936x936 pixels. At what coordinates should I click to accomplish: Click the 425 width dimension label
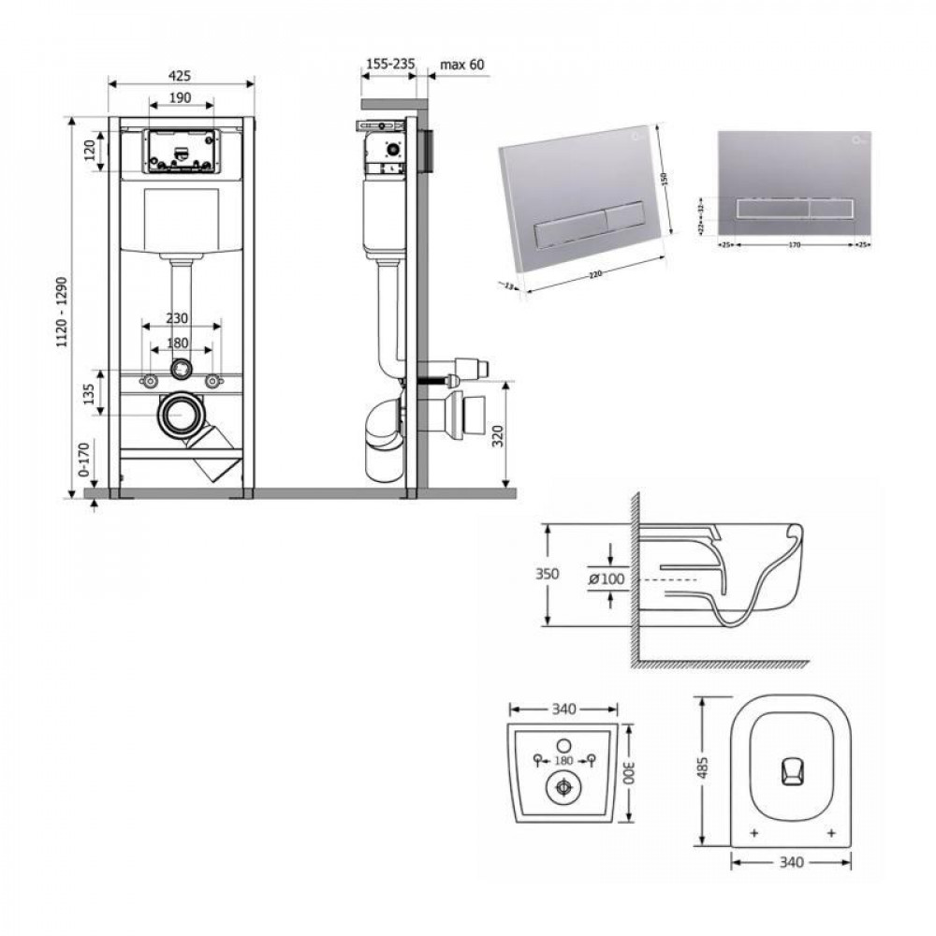(x=182, y=73)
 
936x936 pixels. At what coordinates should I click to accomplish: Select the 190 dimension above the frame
(x=181, y=97)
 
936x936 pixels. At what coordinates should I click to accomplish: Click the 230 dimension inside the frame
(x=181, y=317)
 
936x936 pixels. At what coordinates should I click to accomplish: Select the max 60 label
(x=461, y=65)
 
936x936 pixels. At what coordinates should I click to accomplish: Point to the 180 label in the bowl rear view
(x=563, y=760)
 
